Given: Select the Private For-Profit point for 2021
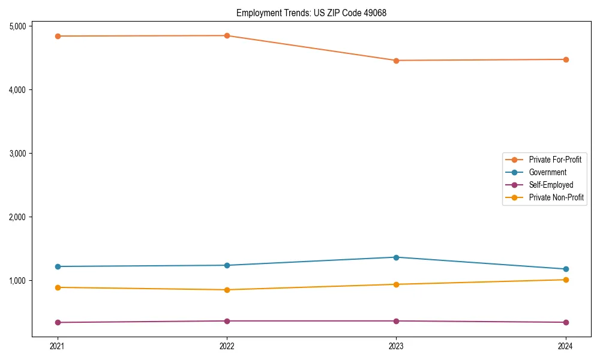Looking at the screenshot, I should (x=58, y=36).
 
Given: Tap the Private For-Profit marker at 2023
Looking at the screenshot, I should (x=396, y=61).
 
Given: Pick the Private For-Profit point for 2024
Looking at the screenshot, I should (x=565, y=59).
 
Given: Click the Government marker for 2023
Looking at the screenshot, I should (x=396, y=257).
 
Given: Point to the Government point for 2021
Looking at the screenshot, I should (x=58, y=266).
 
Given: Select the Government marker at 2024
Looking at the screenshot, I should (x=565, y=269).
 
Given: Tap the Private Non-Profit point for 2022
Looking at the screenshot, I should (x=227, y=290).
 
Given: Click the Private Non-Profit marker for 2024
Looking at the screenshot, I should (x=565, y=280).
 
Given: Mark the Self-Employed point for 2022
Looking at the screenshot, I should (x=227, y=321).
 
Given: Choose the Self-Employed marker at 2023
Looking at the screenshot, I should (x=396, y=321).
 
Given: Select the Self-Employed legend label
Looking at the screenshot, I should (x=551, y=185).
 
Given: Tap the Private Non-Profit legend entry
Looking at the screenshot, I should (x=556, y=197).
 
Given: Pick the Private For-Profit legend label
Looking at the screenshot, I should (x=555, y=160).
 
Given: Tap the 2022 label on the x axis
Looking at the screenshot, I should (x=227, y=346).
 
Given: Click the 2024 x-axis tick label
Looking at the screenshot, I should (x=565, y=346).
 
